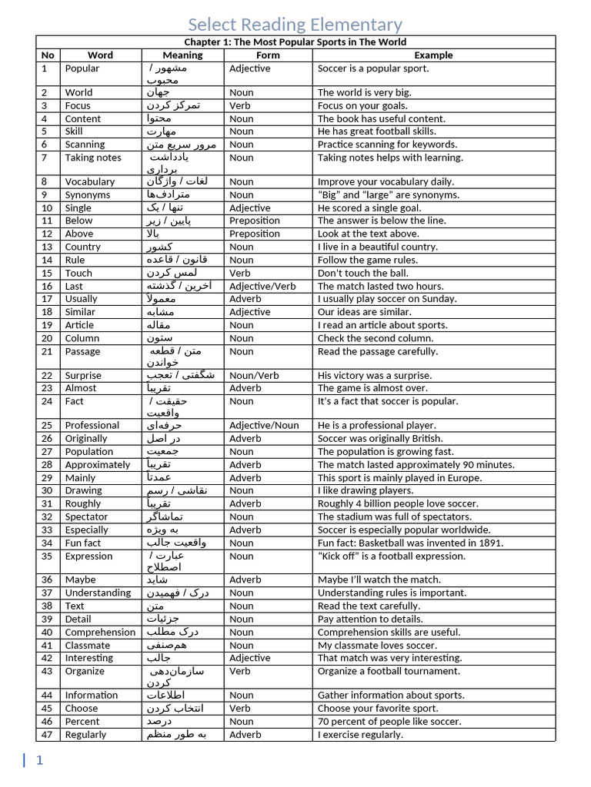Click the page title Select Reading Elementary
pos(295,25)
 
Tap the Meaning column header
pos(182,55)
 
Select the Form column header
pos(268,55)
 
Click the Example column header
pos(433,55)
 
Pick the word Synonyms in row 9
pos(87,195)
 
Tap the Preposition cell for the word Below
pos(255,221)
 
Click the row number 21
pos(48,351)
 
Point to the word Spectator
pos(86,517)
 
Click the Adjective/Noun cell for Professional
pos(264,425)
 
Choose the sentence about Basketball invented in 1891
pos(410,543)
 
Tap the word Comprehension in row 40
pos(100,633)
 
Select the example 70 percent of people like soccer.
pos(389,722)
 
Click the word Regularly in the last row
pos(85,735)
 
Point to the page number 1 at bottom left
pos(39,760)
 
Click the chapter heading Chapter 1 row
pos(295,42)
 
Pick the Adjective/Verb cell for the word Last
pos(262,286)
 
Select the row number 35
pos(48,556)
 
